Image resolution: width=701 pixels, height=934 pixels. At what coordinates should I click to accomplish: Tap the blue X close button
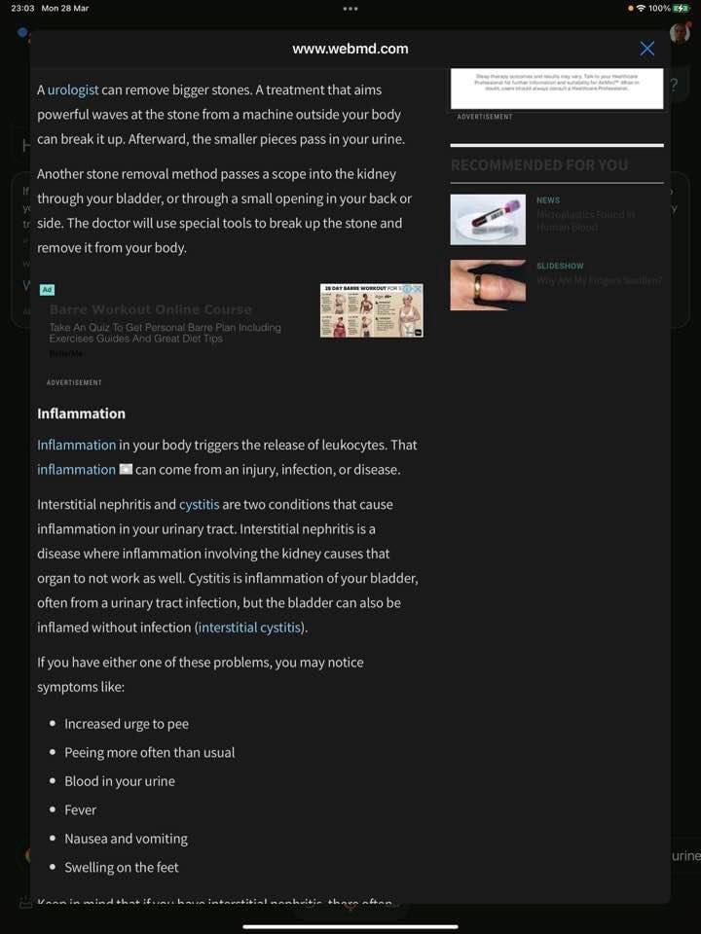point(646,49)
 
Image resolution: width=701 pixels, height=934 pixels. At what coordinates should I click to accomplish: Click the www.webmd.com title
point(350,49)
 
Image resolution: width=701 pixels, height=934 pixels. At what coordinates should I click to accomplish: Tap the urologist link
point(73,90)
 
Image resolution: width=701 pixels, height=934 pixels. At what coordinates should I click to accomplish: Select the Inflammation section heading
point(81,413)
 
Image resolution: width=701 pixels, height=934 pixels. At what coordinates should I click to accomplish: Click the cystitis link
point(200,504)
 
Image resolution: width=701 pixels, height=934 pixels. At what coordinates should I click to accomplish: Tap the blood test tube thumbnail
point(488,220)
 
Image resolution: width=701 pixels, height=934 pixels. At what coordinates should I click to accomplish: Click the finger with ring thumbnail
point(488,285)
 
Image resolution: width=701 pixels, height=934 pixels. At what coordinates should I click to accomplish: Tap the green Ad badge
point(47,290)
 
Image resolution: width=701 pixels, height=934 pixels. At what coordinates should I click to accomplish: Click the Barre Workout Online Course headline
point(151,309)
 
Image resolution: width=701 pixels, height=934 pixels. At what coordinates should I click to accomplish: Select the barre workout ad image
point(371,310)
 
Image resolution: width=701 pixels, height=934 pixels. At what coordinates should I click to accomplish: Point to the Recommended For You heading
point(539,165)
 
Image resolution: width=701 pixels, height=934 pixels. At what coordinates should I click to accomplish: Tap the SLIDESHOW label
point(560,266)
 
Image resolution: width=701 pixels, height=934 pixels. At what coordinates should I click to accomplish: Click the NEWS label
point(548,200)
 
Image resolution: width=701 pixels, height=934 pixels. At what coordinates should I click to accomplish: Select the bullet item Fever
point(81,809)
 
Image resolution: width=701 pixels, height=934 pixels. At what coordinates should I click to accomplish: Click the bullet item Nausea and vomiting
point(126,839)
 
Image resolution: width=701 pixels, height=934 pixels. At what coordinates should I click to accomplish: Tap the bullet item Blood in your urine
point(120,781)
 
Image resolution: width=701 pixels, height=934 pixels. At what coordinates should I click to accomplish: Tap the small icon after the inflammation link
point(126,469)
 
